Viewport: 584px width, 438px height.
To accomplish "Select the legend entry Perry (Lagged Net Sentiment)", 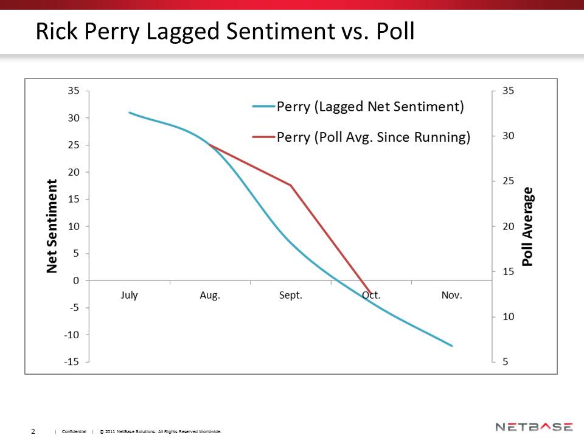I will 370,107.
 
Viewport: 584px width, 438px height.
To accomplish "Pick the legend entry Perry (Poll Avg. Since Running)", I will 373,137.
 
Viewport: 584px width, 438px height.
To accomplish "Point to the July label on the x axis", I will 129,295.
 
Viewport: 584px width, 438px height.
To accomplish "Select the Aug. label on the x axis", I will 210,295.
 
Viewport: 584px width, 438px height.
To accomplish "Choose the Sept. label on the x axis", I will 290,295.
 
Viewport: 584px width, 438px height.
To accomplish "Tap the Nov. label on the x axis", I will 451,295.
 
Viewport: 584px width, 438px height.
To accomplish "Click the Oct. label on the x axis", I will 371,295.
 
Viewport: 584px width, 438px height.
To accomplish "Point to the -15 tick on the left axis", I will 72,362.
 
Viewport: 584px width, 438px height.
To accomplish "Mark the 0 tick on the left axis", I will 76,280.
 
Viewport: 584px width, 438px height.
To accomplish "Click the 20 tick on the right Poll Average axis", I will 508,226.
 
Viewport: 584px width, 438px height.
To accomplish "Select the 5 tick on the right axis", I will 506,362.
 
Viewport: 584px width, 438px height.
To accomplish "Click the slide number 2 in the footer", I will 33,431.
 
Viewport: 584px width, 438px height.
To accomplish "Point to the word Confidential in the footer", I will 74,432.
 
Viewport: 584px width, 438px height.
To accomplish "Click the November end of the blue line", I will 451,346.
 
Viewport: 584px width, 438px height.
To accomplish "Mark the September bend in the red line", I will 290,185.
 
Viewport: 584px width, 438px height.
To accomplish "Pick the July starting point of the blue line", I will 130,113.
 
